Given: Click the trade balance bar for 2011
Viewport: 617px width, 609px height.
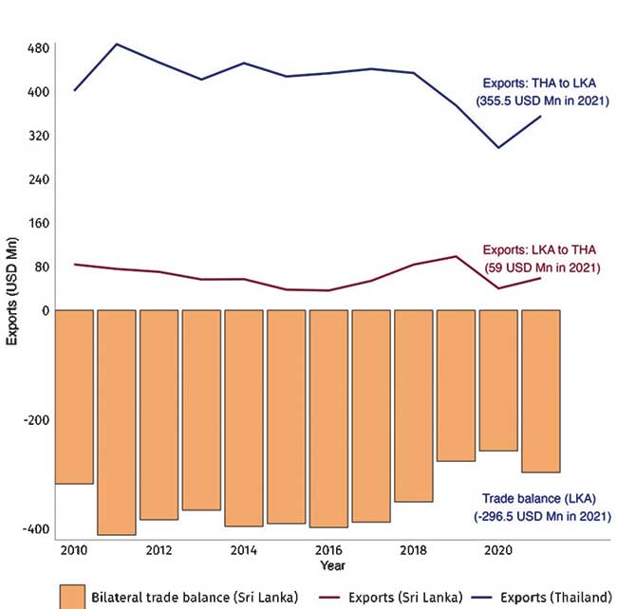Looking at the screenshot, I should pyautogui.click(x=117, y=422).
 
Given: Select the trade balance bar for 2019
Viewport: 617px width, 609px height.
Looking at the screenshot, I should pyautogui.click(x=457, y=385).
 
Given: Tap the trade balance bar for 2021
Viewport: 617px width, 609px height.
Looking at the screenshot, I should pyautogui.click(x=541, y=391).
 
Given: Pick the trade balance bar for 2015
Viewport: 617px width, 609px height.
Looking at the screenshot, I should pyautogui.click(x=287, y=416).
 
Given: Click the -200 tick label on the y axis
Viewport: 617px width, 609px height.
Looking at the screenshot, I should pyautogui.click(x=35, y=420).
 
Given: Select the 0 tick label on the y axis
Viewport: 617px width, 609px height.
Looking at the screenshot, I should pyautogui.click(x=44, y=310).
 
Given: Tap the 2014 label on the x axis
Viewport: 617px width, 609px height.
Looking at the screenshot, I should pyautogui.click(x=244, y=551).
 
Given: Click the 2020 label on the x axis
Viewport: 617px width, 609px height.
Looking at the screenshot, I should pyautogui.click(x=497, y=551).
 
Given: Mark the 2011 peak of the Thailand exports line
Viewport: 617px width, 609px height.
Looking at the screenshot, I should pyautogui.click(x=117, y=44).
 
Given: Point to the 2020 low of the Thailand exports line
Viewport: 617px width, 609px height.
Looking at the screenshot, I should pyautogui.click(x=498, y=148).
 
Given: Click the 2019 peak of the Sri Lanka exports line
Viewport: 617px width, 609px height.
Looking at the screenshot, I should pyautogui.click(x=457, y=256).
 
